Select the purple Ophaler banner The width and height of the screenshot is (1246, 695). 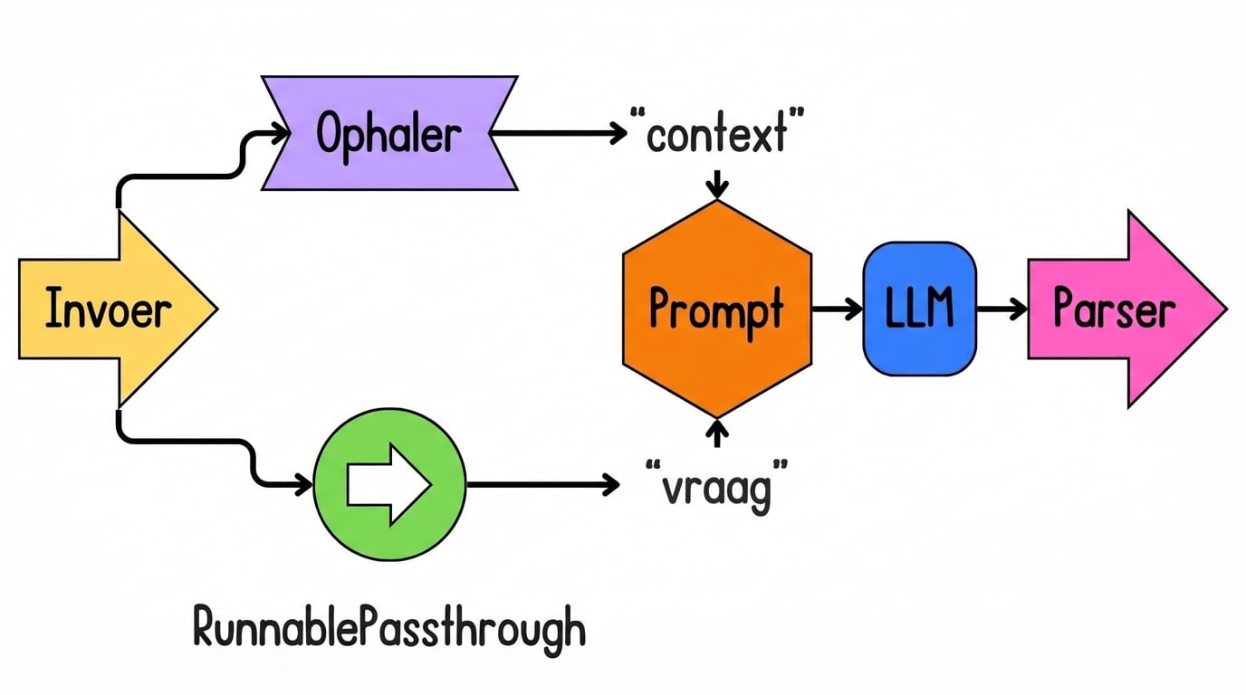pyautogui.click(x=389, y=134)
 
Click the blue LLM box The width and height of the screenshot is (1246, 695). pyautogui.click(x=920, y=309)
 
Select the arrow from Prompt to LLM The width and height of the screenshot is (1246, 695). pyautogui.click(x=837, y=309)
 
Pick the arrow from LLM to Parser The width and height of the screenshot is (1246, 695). pyautogui.click(x=1002, y=309)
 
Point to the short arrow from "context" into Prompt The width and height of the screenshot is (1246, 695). pyautogui.click(x=717, y=184)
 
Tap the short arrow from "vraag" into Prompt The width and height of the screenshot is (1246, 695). pyautogui.click(x=717, y=433)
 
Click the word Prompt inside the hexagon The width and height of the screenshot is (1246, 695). pyautogui.click(x=716, y=310)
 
